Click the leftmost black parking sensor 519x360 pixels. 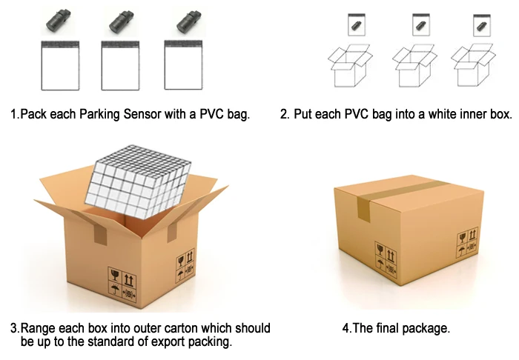tap(56, 20)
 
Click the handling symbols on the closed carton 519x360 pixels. tap(386, 256)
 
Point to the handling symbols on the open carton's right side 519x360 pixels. tap(185, 267)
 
